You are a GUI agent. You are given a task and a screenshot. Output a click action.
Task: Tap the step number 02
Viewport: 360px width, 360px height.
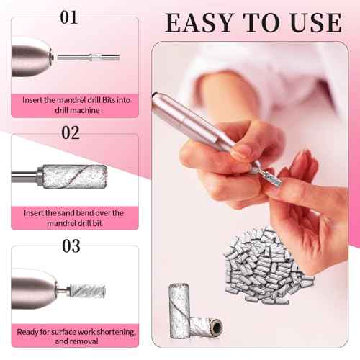tap(71, 132)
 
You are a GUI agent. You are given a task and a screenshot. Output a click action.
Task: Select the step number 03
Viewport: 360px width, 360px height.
tap(71, 246)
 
